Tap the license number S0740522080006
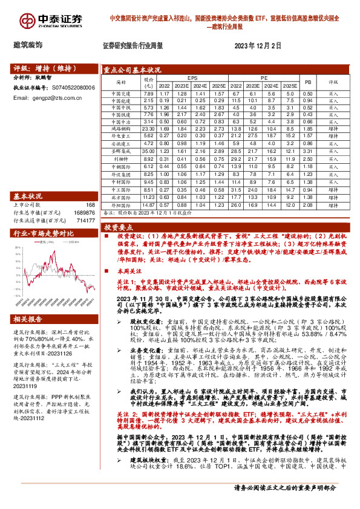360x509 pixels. point(74,88)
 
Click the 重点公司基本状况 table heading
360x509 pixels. point(132,70)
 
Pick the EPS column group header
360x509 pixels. point(192,78)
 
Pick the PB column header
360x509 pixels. point(307,82)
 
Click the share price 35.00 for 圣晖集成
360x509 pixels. point(148,150)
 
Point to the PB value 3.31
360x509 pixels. point(307,150)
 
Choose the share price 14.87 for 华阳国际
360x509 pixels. point(148,205)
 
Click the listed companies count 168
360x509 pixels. point(91,206)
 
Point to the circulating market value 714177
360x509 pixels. point(85,221)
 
